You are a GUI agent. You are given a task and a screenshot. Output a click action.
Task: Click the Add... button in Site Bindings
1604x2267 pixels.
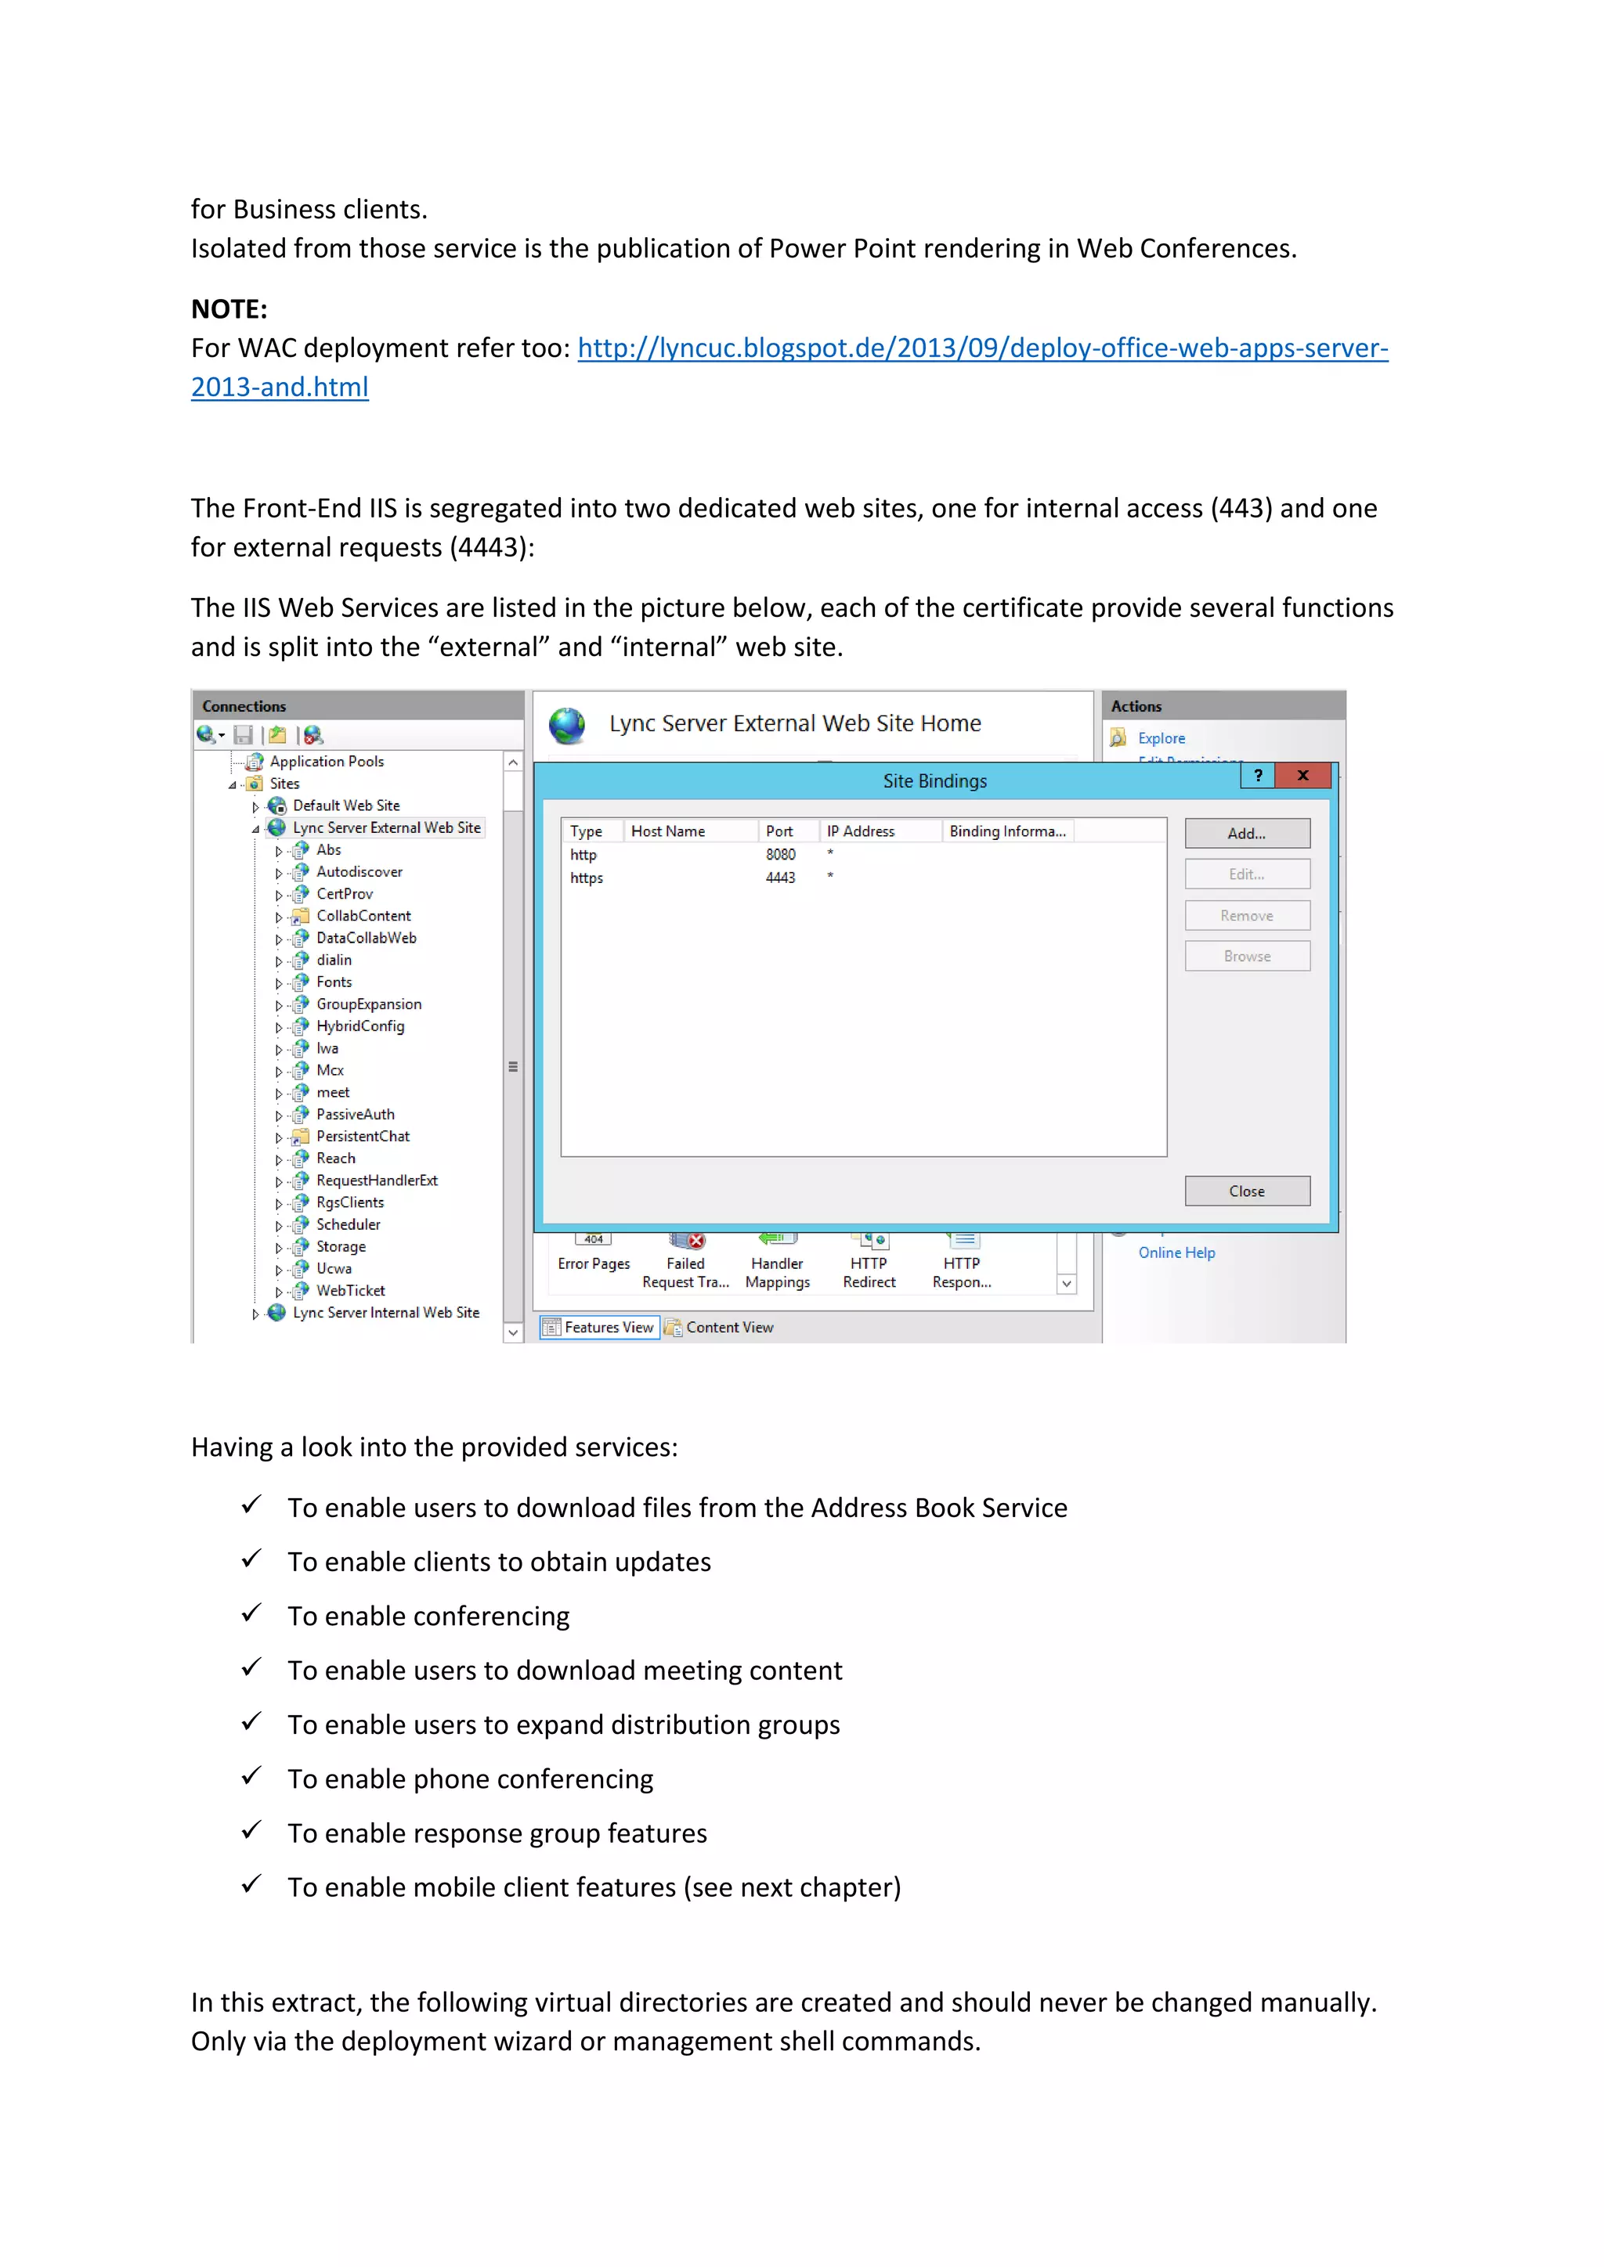coord(1246,834)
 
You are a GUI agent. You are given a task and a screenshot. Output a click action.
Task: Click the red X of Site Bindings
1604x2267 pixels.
coord(1302,776)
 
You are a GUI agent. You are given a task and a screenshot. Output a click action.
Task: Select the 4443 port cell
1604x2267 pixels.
coord(779,878)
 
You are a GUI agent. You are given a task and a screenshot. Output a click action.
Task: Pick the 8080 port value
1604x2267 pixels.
coord(779,854)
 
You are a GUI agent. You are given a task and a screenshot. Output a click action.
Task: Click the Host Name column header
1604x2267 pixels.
coord(667,831)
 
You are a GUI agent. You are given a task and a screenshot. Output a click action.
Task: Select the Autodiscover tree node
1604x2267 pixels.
coord(359,872)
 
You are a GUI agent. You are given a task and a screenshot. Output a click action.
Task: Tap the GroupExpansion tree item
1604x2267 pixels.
coord(368,1004)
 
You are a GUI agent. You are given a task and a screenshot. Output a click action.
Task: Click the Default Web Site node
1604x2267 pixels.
coord(345,806)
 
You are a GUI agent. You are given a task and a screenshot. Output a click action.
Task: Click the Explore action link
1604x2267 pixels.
coord(1161,738)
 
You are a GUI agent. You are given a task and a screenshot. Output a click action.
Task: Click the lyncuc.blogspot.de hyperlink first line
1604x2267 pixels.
coord(982,348)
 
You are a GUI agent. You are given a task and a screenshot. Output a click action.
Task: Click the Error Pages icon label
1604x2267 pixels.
coord(594,1263)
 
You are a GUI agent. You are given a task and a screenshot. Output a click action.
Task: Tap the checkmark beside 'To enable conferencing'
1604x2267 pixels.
coord(252,1613)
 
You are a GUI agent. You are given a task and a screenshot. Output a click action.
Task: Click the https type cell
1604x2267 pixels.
coord(586,878)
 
